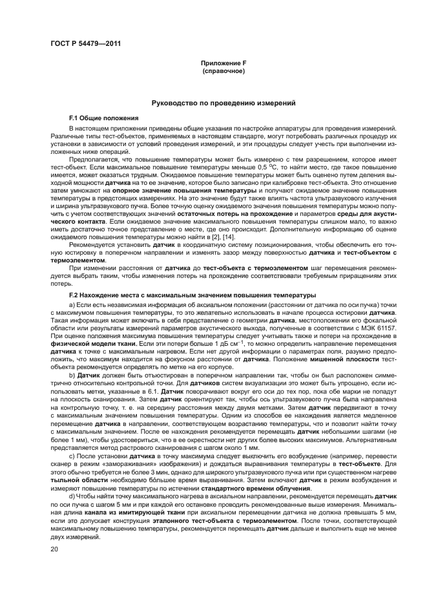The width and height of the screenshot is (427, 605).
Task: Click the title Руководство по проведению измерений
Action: click(224, 103)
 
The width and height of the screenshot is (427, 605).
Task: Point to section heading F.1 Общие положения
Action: click(95, 119)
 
